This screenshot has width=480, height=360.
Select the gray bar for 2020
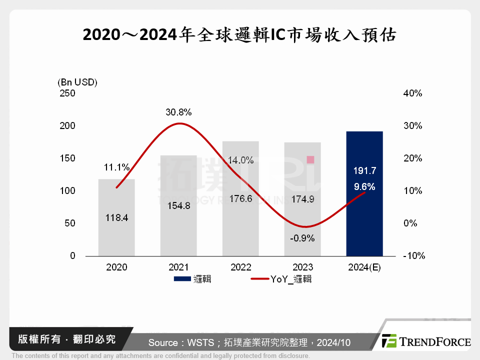point(116,235)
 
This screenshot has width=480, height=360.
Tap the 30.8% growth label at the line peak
point(179,112)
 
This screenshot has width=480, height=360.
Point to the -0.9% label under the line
point(302,238)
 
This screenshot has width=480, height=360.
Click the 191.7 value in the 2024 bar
point(364,171)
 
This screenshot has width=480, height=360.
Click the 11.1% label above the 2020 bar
point(117,167)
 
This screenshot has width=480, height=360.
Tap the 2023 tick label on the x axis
point(302,267)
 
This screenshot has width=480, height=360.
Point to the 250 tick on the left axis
point(67,93)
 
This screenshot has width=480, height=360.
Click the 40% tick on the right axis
point(412,93)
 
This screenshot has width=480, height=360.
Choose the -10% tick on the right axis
point(413,256)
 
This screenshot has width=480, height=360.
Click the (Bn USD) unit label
point(77,82)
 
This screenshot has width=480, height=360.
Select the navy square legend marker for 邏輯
point(182,279)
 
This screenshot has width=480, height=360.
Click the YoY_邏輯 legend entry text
point(291,279)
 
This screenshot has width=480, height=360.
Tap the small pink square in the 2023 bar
point(310,159)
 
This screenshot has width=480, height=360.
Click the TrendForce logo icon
point(389,341)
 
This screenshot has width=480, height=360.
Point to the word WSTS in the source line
point(202,342)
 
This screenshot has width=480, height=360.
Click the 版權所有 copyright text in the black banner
point(35,339)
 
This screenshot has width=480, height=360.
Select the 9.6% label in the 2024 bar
point(364,187)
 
